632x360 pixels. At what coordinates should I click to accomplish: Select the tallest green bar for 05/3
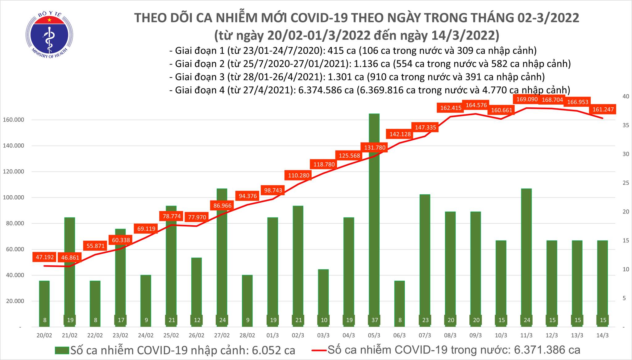[x=374, y=216]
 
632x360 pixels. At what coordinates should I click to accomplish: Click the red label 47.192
[x=45, y=257]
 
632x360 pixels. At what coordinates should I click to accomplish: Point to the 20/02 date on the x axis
[x=44, y=335]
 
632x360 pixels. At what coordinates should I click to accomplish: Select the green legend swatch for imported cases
[x=62, y=350]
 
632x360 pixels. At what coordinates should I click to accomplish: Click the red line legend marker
[x=319, y=350]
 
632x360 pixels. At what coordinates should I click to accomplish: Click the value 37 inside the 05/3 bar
[x=374, y=320]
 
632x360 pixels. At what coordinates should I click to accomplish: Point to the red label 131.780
[x=375, y=147]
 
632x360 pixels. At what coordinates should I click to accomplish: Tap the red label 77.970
[x=197, y=217]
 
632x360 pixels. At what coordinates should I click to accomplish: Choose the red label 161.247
[x=602, y=109]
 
